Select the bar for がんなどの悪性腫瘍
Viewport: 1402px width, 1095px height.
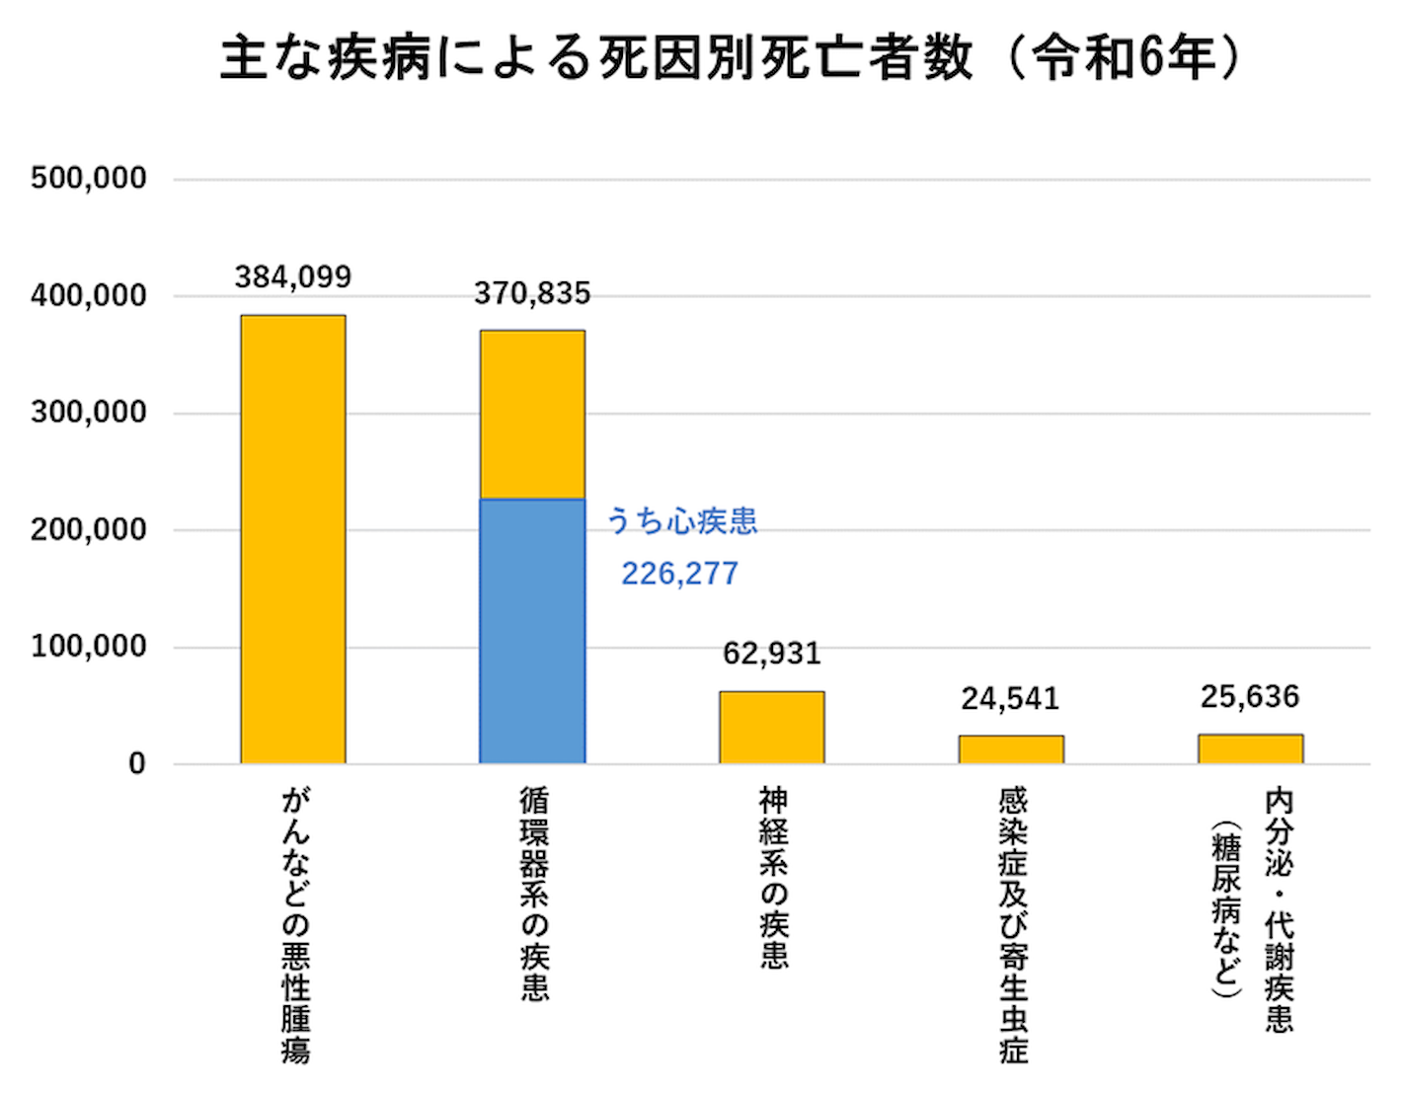293,539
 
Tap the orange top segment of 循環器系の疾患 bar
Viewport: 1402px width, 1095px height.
532,415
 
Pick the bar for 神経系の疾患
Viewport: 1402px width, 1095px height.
771,727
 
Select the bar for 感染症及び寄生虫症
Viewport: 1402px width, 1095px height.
1011,748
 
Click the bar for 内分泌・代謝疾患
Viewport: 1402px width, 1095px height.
1250,748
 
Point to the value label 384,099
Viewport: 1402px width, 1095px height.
293,277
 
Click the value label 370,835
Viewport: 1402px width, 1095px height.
532,293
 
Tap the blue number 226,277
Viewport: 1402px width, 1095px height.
679,574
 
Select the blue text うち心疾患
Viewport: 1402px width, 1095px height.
681,520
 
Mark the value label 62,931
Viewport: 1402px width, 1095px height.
771,654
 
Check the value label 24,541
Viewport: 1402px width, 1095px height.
1010,699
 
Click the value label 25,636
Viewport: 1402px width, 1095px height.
1250,697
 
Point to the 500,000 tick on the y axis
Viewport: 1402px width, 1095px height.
89,179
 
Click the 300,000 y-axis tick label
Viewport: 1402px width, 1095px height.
89,413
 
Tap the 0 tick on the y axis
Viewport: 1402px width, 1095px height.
137,764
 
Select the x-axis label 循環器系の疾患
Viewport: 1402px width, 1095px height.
534,893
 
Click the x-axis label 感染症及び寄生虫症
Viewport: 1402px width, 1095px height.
1013,924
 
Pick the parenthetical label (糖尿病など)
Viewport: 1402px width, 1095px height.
1226,908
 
